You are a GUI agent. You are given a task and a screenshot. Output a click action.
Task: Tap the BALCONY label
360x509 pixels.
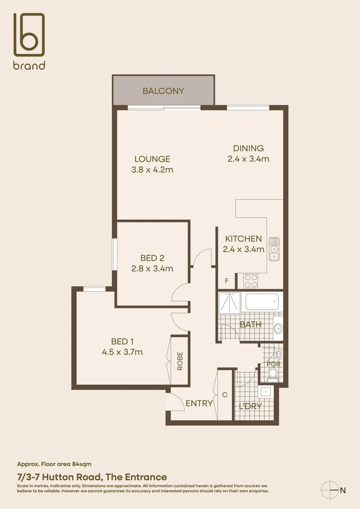point(164,91)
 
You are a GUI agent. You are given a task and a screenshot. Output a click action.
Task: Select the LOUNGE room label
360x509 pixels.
point(152,159)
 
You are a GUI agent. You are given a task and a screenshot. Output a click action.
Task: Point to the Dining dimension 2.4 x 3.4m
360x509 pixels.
point(248,159)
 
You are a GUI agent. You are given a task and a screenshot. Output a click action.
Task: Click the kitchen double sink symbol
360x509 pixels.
point(274,249)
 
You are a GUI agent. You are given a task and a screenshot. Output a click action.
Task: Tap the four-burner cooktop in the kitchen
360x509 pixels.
point(251,281)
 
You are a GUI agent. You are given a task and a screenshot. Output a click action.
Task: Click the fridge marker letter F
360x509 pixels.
point(227,281)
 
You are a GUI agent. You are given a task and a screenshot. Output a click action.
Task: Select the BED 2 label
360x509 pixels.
point(152,258)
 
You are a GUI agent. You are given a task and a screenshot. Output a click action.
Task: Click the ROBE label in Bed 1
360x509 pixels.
point(180,361)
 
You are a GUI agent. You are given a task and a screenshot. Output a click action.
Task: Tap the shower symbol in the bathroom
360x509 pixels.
point(229,302)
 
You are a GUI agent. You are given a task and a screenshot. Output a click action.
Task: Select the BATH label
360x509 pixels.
point(251,324)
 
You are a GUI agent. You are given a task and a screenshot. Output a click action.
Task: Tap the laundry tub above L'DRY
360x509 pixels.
point(266,392)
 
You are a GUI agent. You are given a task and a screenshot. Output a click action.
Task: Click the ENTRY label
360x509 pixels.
point(199,403)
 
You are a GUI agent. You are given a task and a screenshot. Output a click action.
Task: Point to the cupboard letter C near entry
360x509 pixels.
point(225,395)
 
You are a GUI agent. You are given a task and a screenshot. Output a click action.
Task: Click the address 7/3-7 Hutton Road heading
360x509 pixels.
point(92,477)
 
